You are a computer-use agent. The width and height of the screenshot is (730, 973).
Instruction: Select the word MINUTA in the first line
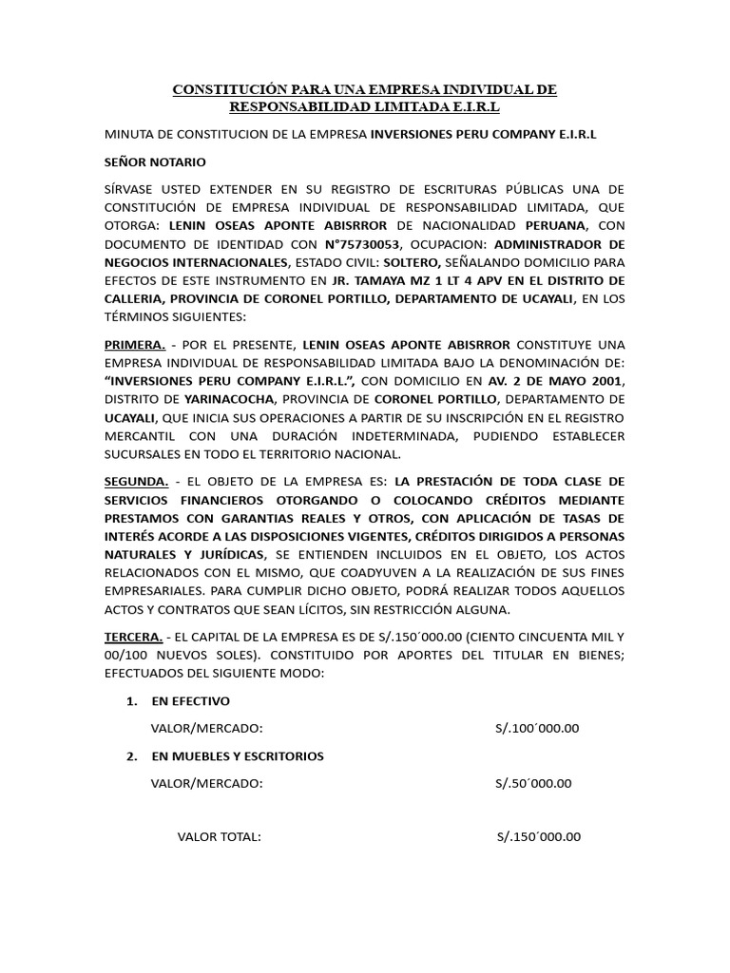point(131,135)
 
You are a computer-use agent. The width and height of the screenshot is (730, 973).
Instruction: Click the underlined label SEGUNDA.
point(137,480)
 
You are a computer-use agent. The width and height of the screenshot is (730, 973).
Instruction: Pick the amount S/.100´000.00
point(537,729)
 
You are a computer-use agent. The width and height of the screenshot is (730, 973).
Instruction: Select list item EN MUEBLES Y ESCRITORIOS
point(237,756)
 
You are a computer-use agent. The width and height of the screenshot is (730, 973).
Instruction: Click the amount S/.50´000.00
point(533,784)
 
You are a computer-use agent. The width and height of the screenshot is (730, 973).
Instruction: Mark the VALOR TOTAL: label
point(219,837)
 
